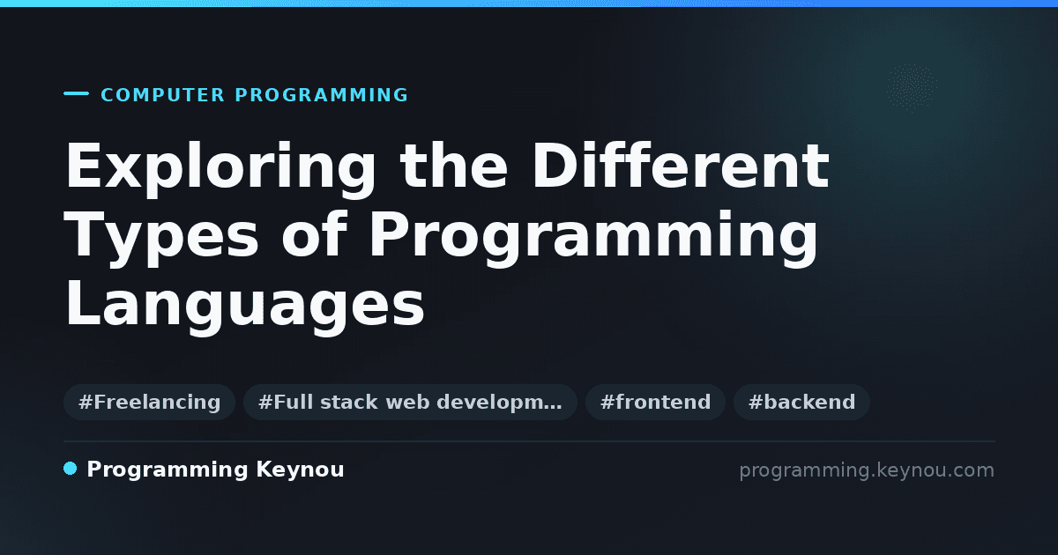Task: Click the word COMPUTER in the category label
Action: point(163,95)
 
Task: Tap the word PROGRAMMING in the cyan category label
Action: point(322,95)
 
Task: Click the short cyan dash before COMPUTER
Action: point(76,93)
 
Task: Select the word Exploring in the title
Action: point(220,169)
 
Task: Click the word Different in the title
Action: point(681,166)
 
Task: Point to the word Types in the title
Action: point(161,239)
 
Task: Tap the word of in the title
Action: point(315,233)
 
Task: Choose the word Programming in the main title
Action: point(593,239)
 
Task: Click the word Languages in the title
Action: point(245,307)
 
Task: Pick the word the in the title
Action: point(453,166)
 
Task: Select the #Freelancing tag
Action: point(149,402)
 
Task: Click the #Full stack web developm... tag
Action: point(410,402)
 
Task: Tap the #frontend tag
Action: point(655,402)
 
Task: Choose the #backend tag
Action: point(801,402)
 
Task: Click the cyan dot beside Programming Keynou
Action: point(70,469)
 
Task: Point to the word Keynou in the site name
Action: point(300,470)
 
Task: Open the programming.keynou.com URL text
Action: point(867,470)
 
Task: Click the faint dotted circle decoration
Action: point(912,88)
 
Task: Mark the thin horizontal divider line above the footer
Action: point(529,441)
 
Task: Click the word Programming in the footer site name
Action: point(168,470)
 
